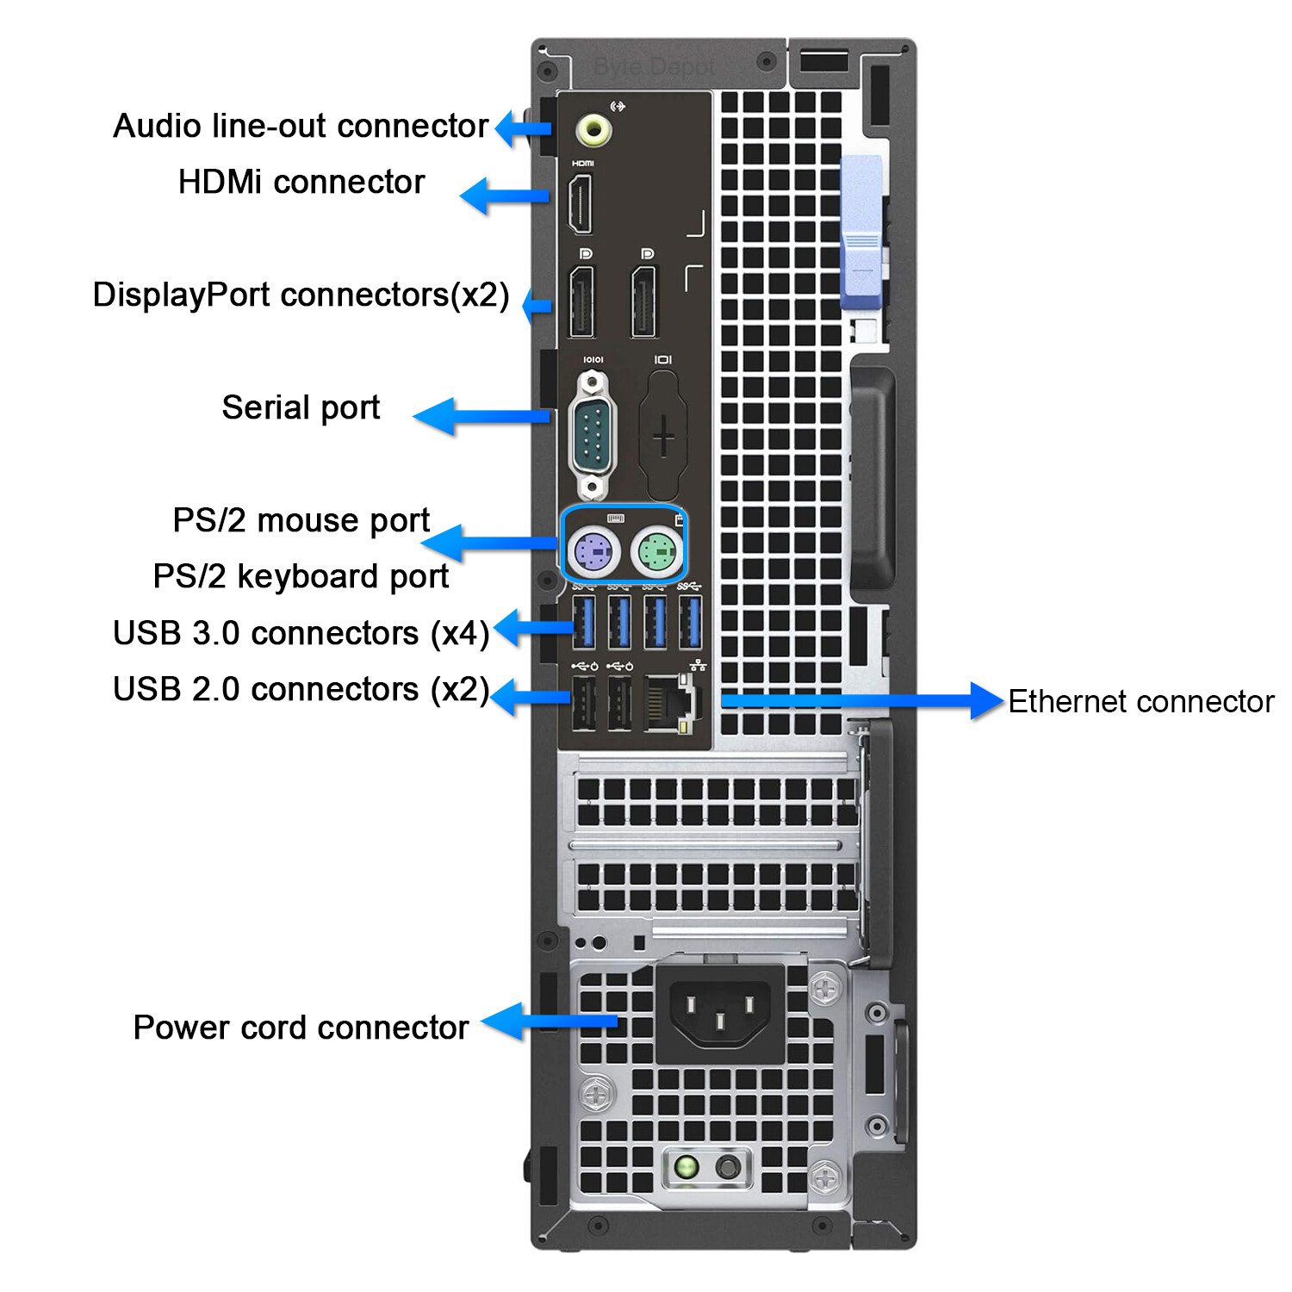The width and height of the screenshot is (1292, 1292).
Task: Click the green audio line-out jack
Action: (x=594, y=131)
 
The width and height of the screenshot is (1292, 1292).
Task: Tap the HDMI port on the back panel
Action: (x=581, y=203)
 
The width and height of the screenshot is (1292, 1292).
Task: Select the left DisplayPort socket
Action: (x=582, y=302)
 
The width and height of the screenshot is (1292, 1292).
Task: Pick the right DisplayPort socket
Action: (x=644, y=302)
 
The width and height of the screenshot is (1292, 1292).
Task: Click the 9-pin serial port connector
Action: (x=593, y=436)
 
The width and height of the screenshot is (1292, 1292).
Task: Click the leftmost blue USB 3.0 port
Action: (x=584, y=621)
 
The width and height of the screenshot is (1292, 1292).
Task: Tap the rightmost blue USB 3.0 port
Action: (x=690, y=621)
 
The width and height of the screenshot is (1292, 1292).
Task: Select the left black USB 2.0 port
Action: (x=584, y=703)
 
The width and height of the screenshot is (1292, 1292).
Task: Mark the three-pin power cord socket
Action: (x=720, y=1011)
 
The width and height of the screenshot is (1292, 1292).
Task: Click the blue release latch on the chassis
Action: (x=861, y=233)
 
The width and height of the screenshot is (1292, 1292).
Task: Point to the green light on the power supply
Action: (x=686, y=1168)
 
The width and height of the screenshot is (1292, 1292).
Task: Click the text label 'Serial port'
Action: (x=301, y=407)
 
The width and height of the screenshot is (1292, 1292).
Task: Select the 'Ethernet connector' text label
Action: (x=1140, y=701)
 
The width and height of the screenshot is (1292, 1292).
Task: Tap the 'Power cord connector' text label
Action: (x=301, y=1028)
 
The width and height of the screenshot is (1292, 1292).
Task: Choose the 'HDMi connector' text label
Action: (x=301, y=182)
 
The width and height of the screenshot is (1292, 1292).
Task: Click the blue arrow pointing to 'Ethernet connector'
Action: (x=861, y=701)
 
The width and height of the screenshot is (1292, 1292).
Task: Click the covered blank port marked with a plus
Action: (x=663, y=436)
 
